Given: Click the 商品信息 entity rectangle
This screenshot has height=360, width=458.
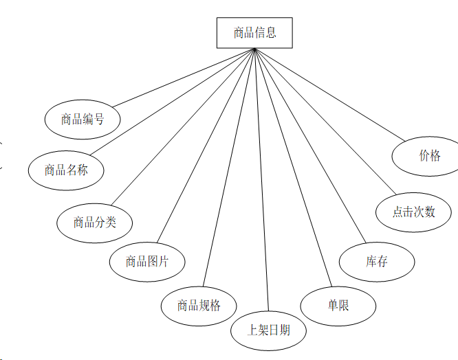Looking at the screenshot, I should click(x=254, y=33).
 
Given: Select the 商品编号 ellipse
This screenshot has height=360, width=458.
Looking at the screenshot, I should click(x=83, y=120).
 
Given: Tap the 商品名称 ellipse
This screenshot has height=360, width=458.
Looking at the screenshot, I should click(x=66, y=170).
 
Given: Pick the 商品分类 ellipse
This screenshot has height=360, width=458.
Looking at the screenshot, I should click(x=95, y=222).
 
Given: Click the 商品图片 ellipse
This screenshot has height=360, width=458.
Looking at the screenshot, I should click(x=146, y=261).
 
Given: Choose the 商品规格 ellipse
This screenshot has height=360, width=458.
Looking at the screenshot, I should click(x=199, y=305).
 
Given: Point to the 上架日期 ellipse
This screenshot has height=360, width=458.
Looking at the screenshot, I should click(x=268, y=330).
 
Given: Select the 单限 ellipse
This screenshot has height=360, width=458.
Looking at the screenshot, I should click(x=338, y=304).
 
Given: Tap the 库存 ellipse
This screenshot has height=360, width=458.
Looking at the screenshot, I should click(x=377, y=262).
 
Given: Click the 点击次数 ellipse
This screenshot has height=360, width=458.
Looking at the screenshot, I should click(x=414, y=212).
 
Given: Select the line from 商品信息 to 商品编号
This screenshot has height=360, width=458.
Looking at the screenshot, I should click(x=184, y=78).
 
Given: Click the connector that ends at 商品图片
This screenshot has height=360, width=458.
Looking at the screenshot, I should click(x=206, y=146).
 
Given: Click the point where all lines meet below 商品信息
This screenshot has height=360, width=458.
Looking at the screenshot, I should click(x=255, y=49).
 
